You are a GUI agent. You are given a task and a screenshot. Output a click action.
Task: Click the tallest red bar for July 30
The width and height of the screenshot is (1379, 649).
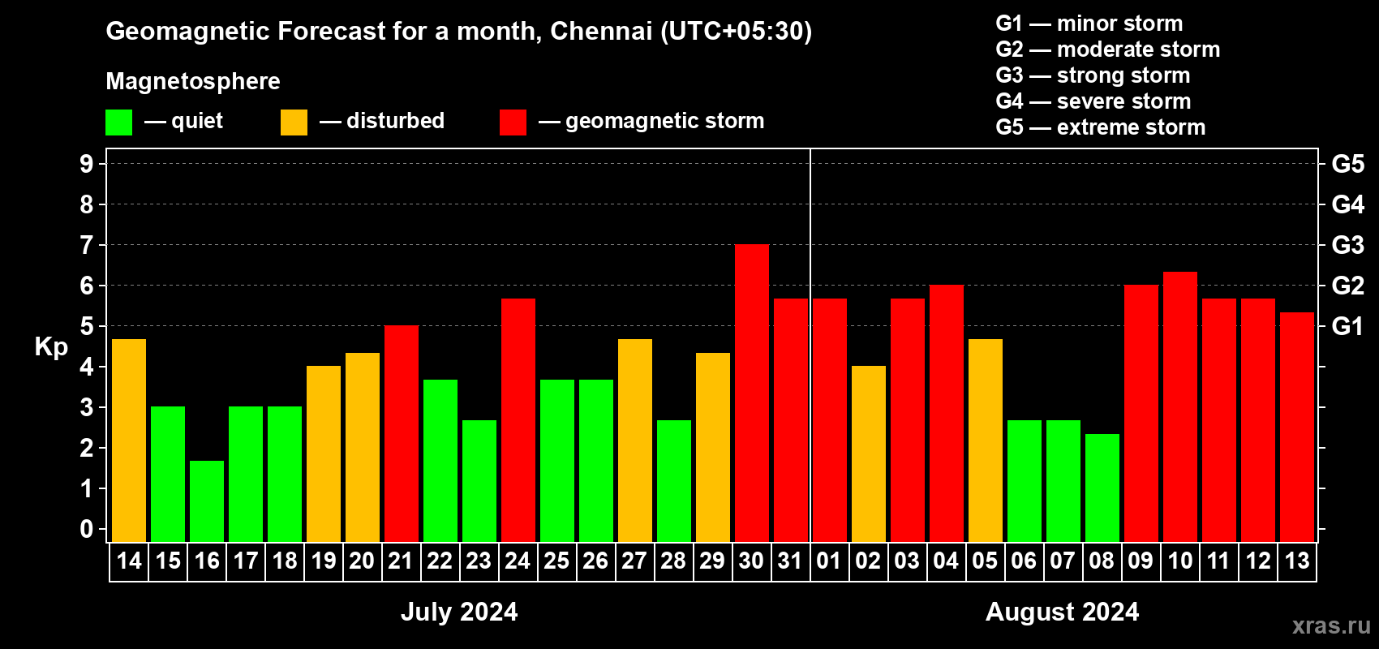(x=752, y=393)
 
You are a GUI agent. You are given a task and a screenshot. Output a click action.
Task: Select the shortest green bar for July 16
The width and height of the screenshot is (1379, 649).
(x=207, y=501)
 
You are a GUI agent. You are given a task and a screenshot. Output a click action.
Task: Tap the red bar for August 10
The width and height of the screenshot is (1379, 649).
(x=1180, y=407)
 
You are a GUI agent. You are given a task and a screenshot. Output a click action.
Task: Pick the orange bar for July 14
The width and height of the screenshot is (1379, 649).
(x=129, y=441)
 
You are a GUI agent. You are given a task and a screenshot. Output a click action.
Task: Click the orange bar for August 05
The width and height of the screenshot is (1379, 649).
(x=986, y=441)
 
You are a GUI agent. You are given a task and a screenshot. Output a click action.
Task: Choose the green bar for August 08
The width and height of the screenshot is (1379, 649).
(x=1102, y=488)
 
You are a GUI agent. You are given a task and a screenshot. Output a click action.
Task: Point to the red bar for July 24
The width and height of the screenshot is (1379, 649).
(x=518, y=420)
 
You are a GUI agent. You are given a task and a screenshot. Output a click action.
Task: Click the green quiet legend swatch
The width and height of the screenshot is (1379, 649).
(x=119, y=122)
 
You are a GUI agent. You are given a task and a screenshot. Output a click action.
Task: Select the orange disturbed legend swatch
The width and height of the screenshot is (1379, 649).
(x=294, y=122)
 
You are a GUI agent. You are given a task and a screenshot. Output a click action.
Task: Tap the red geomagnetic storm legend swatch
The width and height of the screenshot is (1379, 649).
(x=513, y=122)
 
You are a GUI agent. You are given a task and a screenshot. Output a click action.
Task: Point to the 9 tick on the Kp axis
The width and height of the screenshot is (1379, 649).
(x=87, y=164)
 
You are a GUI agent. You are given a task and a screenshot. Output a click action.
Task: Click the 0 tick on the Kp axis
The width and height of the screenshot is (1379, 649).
(x=87, y=529)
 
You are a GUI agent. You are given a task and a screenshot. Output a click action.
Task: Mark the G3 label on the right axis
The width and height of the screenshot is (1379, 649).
(x=1347, y=245)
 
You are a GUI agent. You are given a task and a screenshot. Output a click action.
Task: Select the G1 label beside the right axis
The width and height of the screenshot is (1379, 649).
(x=1347, y=326)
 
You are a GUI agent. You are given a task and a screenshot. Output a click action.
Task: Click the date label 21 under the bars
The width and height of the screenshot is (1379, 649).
(x=401, y=561)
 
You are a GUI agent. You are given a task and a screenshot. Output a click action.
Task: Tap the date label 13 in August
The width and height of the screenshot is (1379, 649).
(x=1297, y=561)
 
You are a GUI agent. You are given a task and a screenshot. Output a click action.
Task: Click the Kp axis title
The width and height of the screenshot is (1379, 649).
(x=51, y=346)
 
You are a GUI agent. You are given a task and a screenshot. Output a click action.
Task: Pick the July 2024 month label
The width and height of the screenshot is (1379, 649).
(x=459, y=612)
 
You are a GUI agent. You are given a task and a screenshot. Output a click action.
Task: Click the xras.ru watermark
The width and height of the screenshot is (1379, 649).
(x=1331, y=625)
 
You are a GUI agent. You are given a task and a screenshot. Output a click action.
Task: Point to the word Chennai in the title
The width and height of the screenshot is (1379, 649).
(x=601, y=31)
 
